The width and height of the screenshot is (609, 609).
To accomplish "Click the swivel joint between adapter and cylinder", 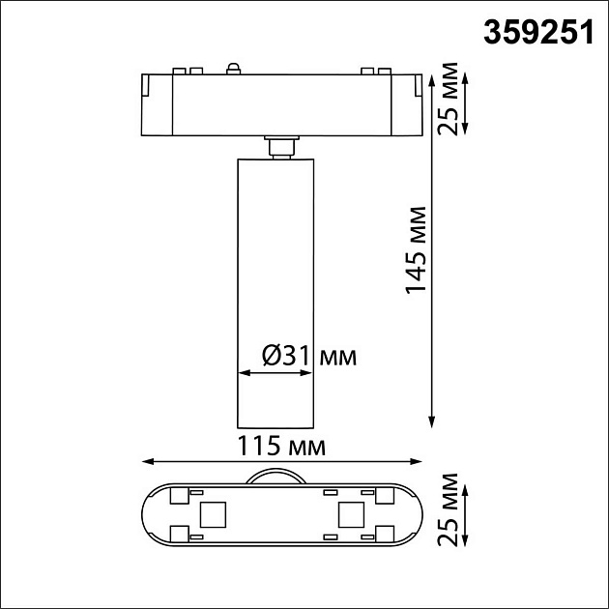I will [280, 145].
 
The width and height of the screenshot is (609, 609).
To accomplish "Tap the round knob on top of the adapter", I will [232, 68].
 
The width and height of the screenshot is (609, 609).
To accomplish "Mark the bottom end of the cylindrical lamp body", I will [276, 424].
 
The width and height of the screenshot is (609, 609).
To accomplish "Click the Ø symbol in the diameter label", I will [272, 357].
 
